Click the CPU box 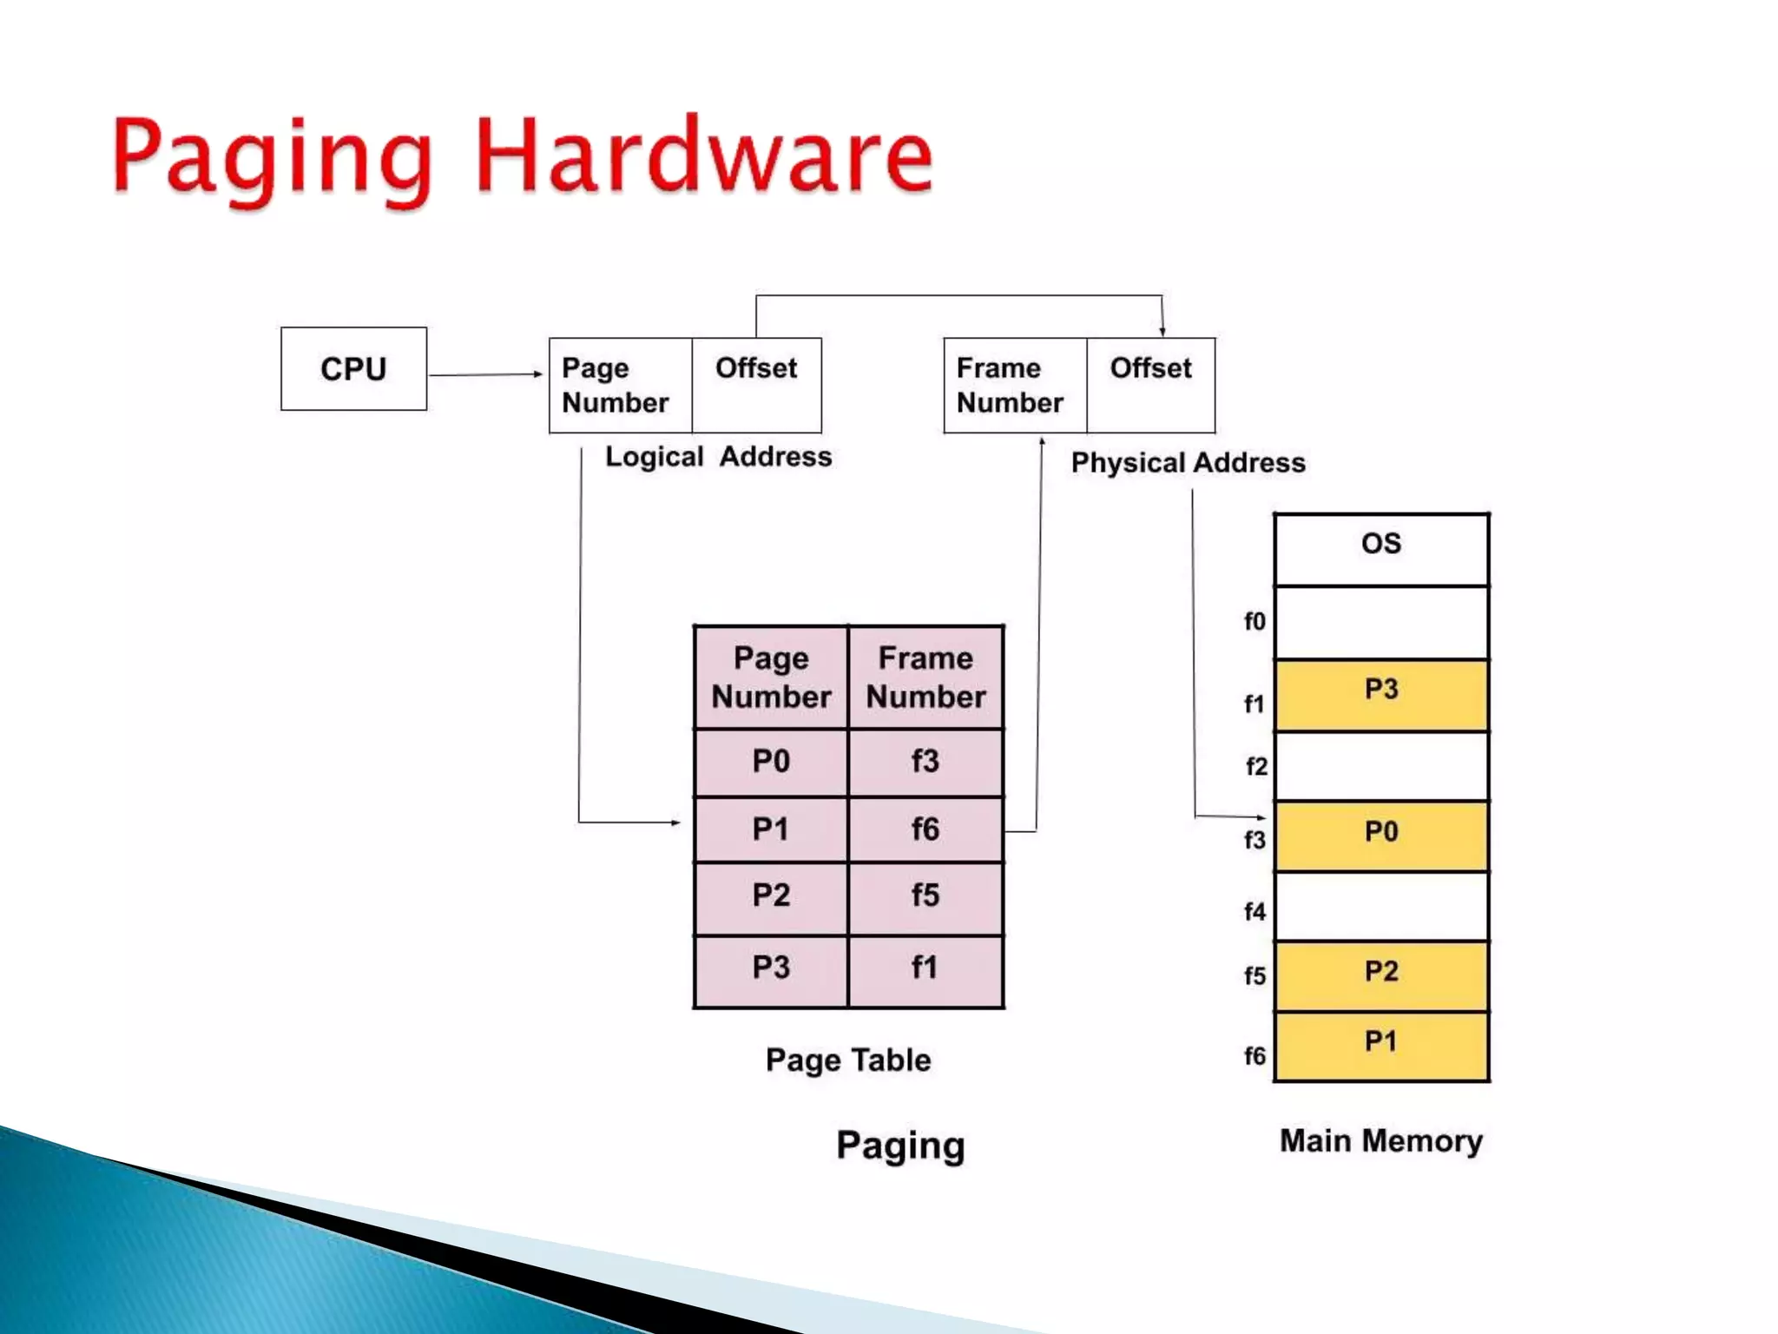coord(353,369)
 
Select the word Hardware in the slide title coord(704,156)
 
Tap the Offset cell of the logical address coord(756,385)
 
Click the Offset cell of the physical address coord(1150,385)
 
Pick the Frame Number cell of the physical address coord(1014,385)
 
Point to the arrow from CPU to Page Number coord(484,374)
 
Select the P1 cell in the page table coord(771,829)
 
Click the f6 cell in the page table coord(925,829)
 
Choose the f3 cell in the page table coord(925,762)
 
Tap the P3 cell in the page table coord(771,967)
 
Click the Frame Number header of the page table coord(925,677)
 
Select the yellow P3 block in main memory coord(1381,695)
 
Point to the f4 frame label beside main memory coord(1254,912)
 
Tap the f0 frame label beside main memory coord(1254,622)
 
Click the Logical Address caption coord(718,457)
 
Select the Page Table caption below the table coord(848,1060)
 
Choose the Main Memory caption coord(1381,1141)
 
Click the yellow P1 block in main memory coord(1381,1046)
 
